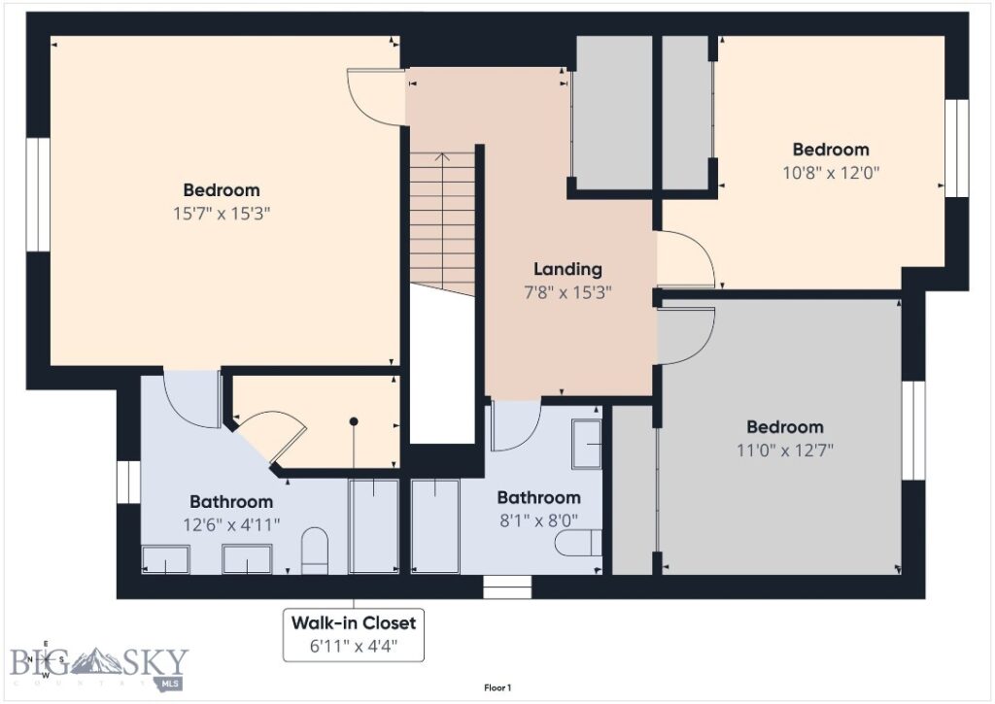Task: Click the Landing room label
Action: click(567, 269)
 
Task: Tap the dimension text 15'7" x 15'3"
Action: click(222, 213)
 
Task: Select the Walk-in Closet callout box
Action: click(354, 634)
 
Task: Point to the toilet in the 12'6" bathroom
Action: click(314, 551)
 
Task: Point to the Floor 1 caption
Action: click(497, 688)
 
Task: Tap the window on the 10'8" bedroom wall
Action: click(957, 148)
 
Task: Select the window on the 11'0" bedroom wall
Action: click(912, 429)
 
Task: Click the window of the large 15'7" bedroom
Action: click(38, 194)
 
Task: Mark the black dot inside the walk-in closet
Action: click(354, 421)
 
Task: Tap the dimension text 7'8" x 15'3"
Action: click(567, 291)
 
